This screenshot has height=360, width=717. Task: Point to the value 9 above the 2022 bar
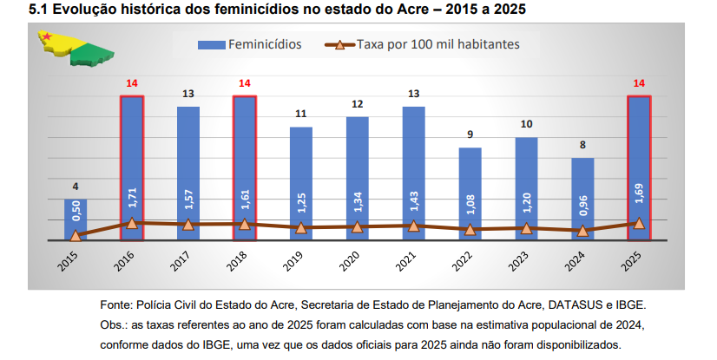470,134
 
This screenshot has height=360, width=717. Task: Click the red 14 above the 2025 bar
640,83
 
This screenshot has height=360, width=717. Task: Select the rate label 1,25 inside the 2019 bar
301,201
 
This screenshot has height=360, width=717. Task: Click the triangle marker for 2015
76,235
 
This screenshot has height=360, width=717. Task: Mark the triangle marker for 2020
358,227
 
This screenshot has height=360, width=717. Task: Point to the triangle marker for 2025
639,223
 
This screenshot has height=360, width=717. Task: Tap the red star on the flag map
48,37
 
